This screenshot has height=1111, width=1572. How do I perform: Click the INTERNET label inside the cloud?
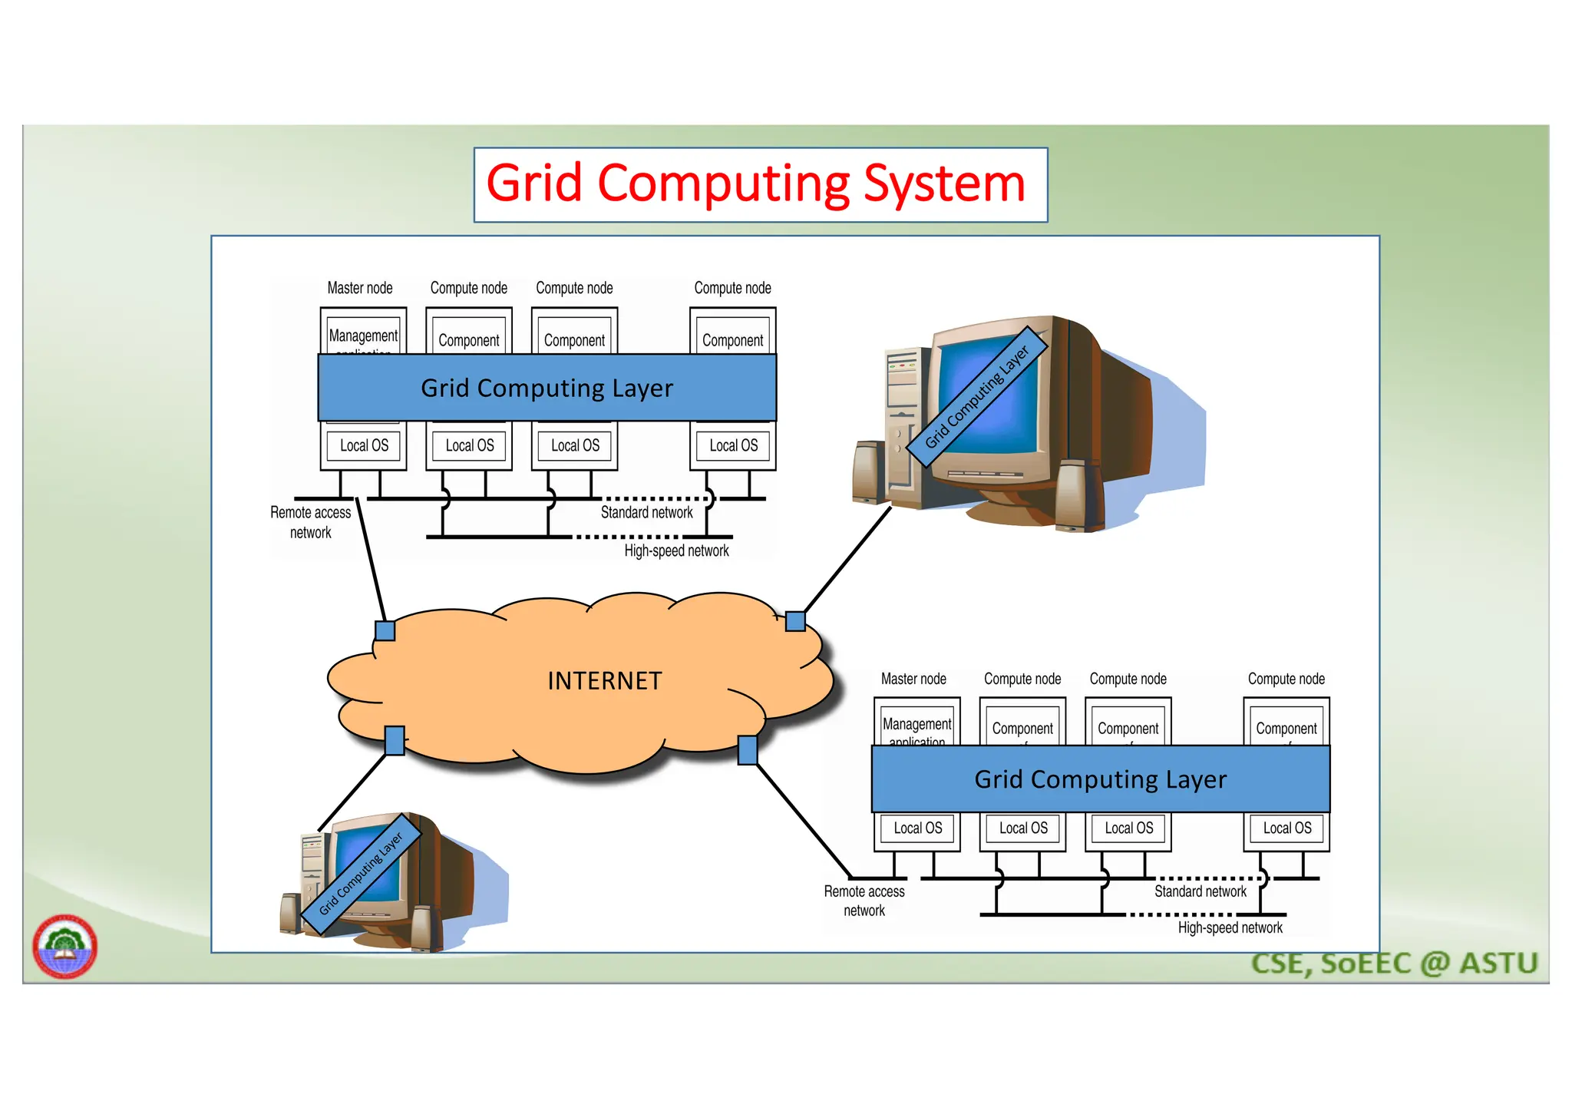click(x=604, y=681)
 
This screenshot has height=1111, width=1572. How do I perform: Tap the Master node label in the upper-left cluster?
click(x=359, y=288)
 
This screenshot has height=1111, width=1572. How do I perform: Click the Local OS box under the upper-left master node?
click(x=364, y=445)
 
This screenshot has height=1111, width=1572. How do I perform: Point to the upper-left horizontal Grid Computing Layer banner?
click(x=547, y=388)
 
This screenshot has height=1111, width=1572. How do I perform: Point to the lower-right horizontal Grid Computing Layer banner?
click(x=1100, y=779)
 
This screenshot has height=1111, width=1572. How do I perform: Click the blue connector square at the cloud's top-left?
click(x=385, y=631)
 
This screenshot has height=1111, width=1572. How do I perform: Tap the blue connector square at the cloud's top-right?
click(x=795, y=621)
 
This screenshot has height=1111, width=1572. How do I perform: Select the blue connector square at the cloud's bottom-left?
click(x=395, y=741)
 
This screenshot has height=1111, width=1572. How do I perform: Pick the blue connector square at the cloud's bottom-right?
click(x=747, y=750)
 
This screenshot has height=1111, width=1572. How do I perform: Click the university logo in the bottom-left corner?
click(x=64, y=946)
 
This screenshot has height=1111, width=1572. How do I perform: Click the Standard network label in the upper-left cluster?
click(x=646, y=512)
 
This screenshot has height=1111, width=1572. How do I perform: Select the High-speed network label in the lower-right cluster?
click(x=1230, y=927)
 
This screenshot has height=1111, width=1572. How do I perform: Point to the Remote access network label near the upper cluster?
click(x=310, y=522)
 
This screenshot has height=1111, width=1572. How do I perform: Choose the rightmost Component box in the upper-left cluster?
click(x=732, y=339)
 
